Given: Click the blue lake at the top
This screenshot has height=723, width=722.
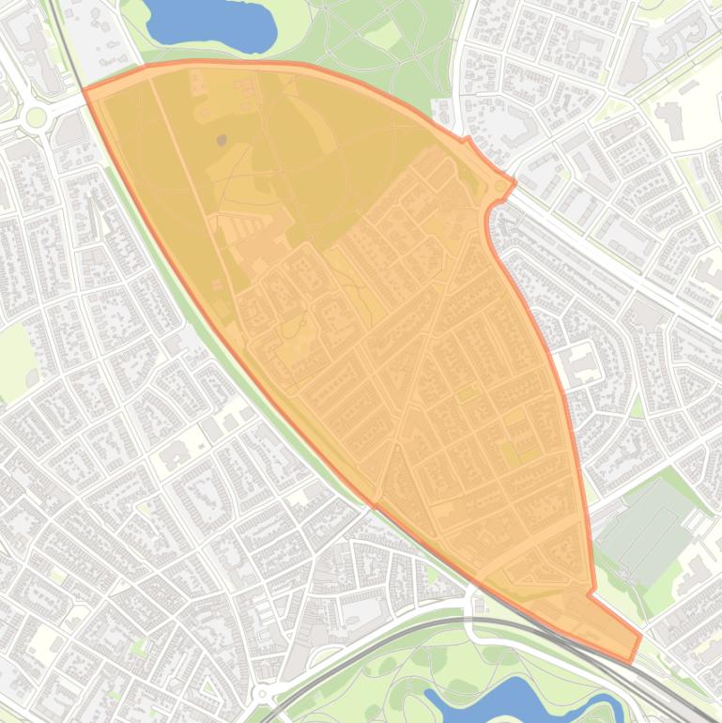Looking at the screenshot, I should click(211, 23).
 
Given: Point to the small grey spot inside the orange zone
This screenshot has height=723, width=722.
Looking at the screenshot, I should click(222, 141).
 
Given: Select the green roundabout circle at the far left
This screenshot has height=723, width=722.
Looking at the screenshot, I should click(36, 116).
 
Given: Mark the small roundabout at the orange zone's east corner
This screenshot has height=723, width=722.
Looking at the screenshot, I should click(500, 187).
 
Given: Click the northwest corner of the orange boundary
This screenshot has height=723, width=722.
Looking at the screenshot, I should click(84, 90).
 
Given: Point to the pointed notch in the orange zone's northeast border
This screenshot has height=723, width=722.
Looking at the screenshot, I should click(467, 139).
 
